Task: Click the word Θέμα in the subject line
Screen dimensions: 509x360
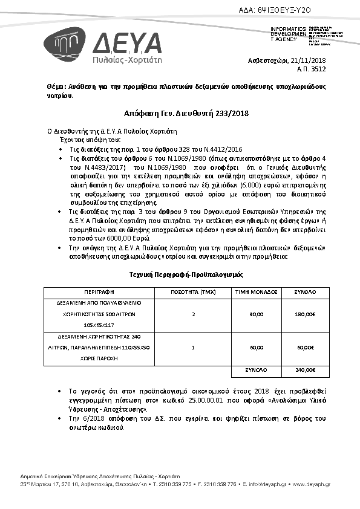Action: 56,87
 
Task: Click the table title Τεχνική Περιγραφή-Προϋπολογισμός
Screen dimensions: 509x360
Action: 186,274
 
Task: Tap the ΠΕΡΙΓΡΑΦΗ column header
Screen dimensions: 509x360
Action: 99,291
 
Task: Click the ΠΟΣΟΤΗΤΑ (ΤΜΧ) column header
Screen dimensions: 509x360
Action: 193,291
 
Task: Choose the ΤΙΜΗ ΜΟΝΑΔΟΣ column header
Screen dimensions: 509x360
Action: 257,291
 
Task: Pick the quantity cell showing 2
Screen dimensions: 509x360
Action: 193,314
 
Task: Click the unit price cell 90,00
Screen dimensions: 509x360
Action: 257,314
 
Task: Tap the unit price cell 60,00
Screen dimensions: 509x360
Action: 257,348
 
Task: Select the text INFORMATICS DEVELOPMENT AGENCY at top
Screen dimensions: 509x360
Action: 287,34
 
